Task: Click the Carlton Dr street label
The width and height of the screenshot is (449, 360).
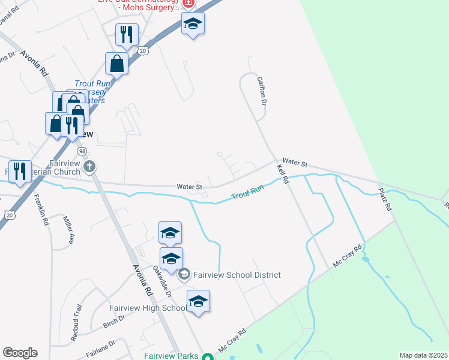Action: (262, 91)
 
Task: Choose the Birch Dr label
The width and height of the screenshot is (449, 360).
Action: (113, 322)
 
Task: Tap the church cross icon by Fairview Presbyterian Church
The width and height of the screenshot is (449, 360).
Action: (89, 166)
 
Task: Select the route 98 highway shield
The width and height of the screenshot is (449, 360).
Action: (82, 150)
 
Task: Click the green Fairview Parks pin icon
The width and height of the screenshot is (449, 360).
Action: (208, 356)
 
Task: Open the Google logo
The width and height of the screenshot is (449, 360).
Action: (20, 353)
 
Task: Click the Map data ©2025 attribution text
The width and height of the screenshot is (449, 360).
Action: (423, 355)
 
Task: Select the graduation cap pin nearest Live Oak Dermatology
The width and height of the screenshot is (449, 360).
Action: (193, 24)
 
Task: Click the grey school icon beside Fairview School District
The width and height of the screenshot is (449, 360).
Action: (184, 275)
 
